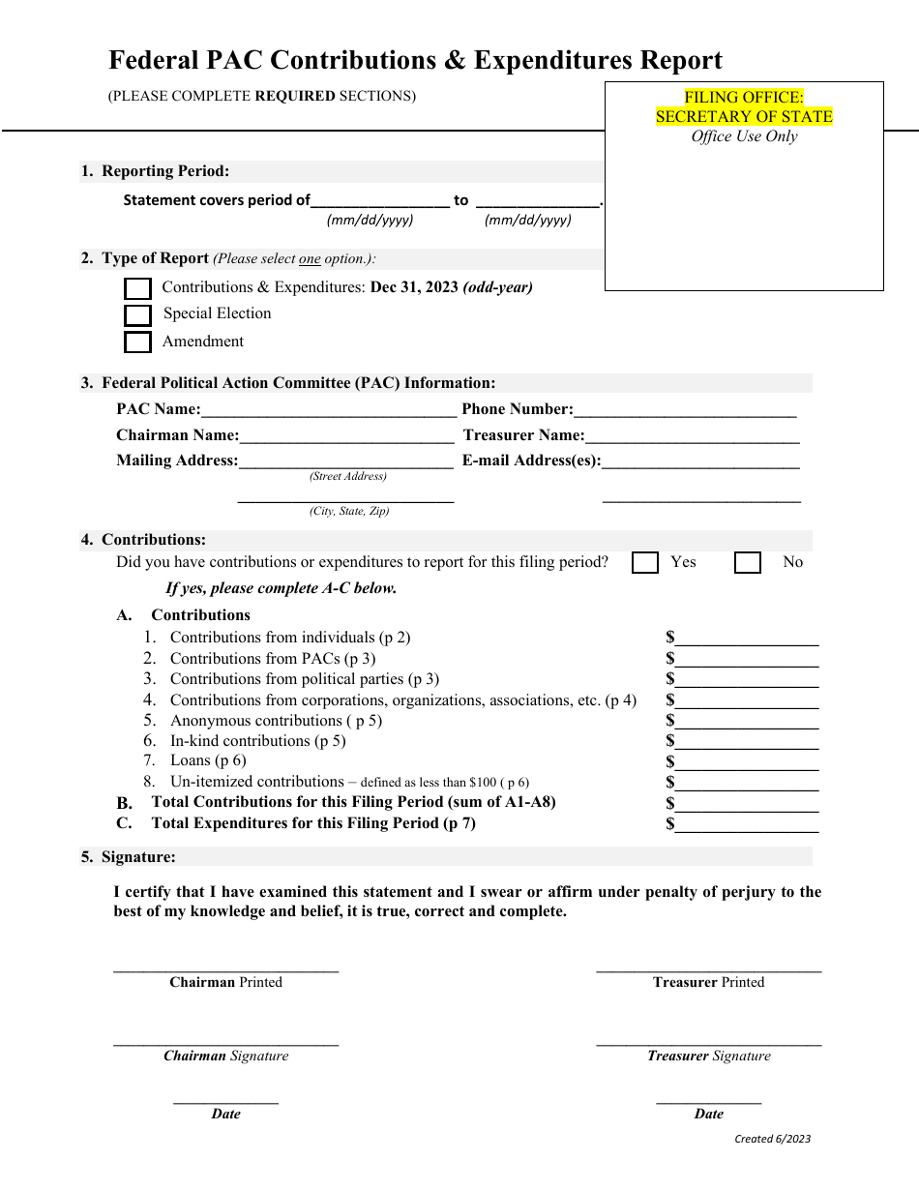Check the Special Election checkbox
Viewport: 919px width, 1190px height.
(138, 315)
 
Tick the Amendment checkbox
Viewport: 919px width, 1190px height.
(138, 342)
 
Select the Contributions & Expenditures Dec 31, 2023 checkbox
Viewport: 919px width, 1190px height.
(138, 288)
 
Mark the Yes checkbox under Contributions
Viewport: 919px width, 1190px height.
(645, 563)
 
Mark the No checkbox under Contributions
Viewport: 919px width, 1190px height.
(748, 563)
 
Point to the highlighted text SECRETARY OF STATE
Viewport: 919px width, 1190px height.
(744, 116)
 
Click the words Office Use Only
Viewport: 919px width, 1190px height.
(744, 136)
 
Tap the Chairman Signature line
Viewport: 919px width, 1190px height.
(225, 1043)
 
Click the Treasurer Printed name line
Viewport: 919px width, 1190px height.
(708, 967)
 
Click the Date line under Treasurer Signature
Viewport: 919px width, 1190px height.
(708, 1101)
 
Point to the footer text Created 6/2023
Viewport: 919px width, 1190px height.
(772, 1139)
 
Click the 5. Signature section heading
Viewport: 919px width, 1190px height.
(129, 856)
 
